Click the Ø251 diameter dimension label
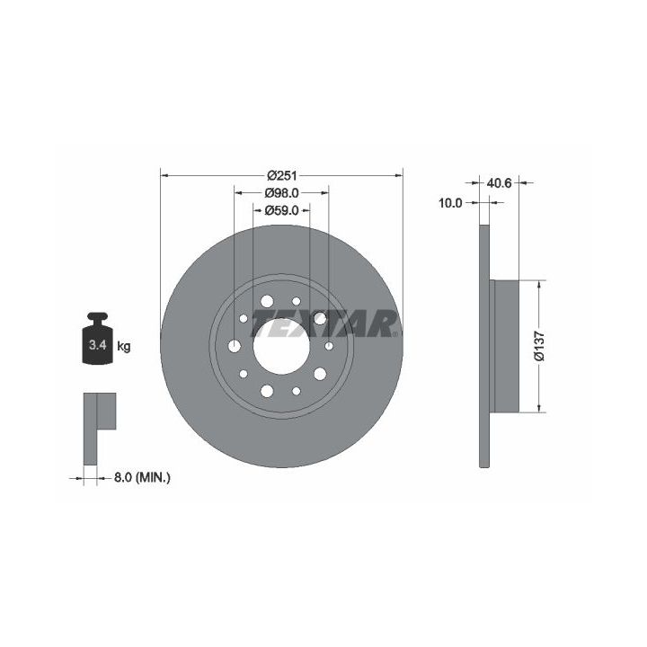click(282, 176)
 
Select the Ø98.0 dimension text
click(282, 192)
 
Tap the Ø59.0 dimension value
click(282, 210)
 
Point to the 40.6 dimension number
click(499, 182)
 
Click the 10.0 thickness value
click(450, 202)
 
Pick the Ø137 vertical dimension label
click(539, 346)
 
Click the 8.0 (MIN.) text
click(142, 478)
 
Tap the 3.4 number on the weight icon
click(98, 345)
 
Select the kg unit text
click(124, 346)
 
